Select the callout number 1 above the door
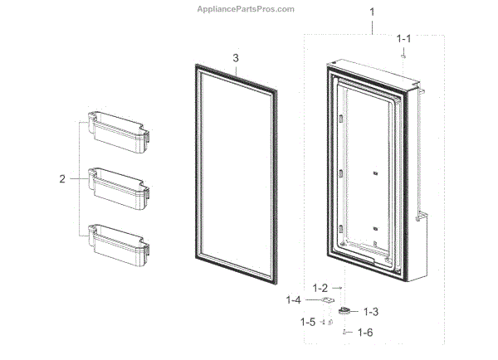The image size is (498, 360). point(372,12)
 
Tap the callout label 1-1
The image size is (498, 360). point(403,38)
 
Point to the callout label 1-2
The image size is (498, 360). point(320,287)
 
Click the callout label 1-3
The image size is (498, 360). point(369,312)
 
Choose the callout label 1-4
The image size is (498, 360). point(294,299)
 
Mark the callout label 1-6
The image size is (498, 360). point(364,332)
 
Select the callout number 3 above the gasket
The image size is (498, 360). point(236,58)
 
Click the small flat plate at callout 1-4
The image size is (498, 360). point(330,300)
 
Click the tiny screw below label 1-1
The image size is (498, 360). point(403,55)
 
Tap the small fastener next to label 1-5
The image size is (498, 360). point(330,321)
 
